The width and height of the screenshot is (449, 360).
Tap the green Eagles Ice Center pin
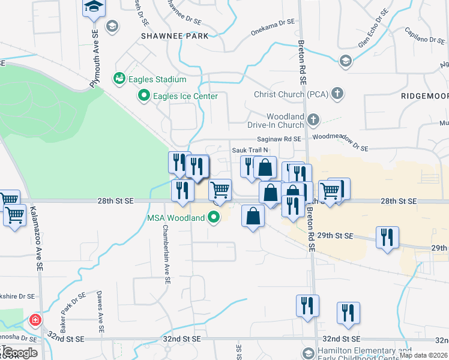tap(144, 96)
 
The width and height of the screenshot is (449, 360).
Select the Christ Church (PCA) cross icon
tap(339, 94)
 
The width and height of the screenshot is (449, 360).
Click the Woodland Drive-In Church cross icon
tap(313, 121)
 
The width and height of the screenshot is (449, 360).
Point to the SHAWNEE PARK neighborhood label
tap(175, 36)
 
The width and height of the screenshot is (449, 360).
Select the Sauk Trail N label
tap(249, 149)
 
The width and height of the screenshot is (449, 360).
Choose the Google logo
tap(19, 352)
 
